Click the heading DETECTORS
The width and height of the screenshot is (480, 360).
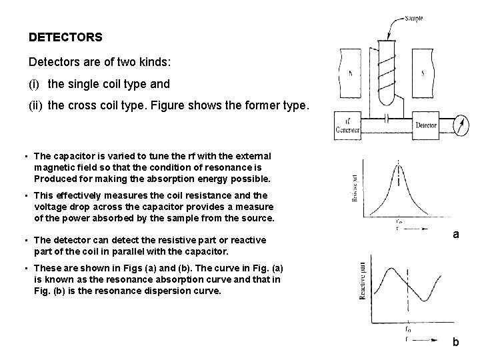(x=65, y=38)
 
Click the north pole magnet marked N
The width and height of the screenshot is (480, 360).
(x=351, y=75)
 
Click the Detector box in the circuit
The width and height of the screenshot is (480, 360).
(x=426, y=125)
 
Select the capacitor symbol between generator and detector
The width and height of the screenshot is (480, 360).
(x=387, y=117)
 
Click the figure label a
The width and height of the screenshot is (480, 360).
(x=456, y=234)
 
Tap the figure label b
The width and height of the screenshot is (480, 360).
(x=456, y=342)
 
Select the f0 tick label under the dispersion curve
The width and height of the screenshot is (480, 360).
(x=407, y=328)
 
